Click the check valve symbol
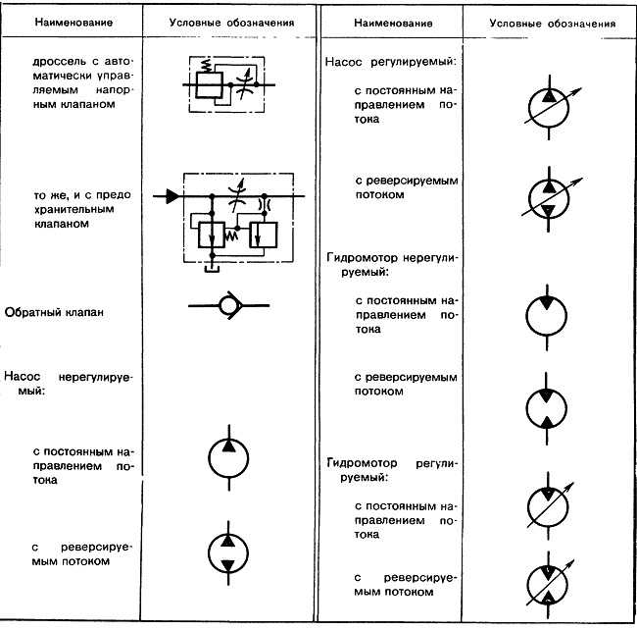tap(228, 305)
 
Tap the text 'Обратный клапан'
tap(54, 312)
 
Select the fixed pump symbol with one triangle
tap(228, 458)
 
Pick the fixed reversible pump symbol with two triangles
tap(228, 553)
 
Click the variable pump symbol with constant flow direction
tap(549, 108)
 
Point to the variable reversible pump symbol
tap(549, 199)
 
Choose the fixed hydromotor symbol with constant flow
tap(547, 316)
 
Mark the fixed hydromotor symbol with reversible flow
tap(547, 408)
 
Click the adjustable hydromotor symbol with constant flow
tap(549, 506)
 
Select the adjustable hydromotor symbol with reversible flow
tap(549, 585)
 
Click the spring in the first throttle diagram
tap(207, 66)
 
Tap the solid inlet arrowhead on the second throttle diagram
tap(172, 196)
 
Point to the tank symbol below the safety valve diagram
tap(212, 269)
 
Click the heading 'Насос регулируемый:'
tap(390, 62)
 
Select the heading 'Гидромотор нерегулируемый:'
tap(392, 265)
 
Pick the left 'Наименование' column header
tap(73, 23)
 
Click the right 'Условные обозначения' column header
tap(552, 24)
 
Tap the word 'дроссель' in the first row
tap(60, 62)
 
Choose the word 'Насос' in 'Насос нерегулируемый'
tap(22, 376)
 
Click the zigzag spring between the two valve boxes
tap(230, 235)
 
